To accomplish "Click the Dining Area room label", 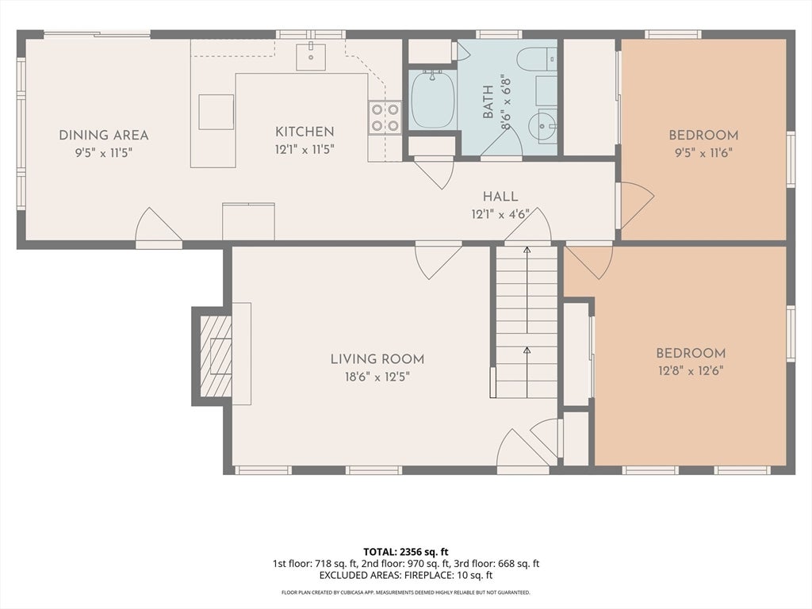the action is click(x=104, y=135).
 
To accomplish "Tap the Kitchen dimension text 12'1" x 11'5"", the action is click(x=304, y=150).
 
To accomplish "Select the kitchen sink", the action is click(x=311, y=57).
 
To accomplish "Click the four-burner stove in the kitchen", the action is click(x=385, y=117).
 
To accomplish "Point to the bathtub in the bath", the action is click(x=433, y=99).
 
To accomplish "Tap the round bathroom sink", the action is click(x=542, y=124).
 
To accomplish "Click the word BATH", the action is click(x=488, y=109).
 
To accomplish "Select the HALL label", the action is click(x=500, y=197).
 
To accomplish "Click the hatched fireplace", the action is click(x=216, y=356).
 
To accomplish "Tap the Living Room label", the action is click(x=377, y=359).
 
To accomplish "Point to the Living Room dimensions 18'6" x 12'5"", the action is click(x=377, y=377).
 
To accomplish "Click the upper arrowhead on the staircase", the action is click(x=527, y=251).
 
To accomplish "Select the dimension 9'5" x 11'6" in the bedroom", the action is click(x=703, y=153).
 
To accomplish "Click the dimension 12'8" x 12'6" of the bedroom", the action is click(x=691, y=371).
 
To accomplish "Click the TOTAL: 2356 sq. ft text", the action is click(x=402, y=552).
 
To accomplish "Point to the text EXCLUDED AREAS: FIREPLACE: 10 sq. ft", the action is click(x=406, y=575).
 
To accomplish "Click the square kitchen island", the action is click(x=216, y=112).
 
